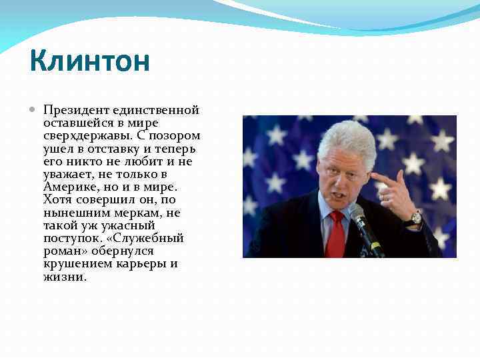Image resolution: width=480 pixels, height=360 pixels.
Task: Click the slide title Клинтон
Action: [x=90, y=63]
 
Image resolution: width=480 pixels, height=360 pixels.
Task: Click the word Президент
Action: [x=72, y=110]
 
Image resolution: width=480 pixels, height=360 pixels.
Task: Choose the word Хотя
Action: [x=57, y=199]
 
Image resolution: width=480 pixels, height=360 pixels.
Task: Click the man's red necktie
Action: [x=336, y=233]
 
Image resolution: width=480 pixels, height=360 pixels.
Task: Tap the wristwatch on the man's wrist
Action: [x=415, y=217]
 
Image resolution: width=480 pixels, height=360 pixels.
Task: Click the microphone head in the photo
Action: [x=357, y=216]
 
